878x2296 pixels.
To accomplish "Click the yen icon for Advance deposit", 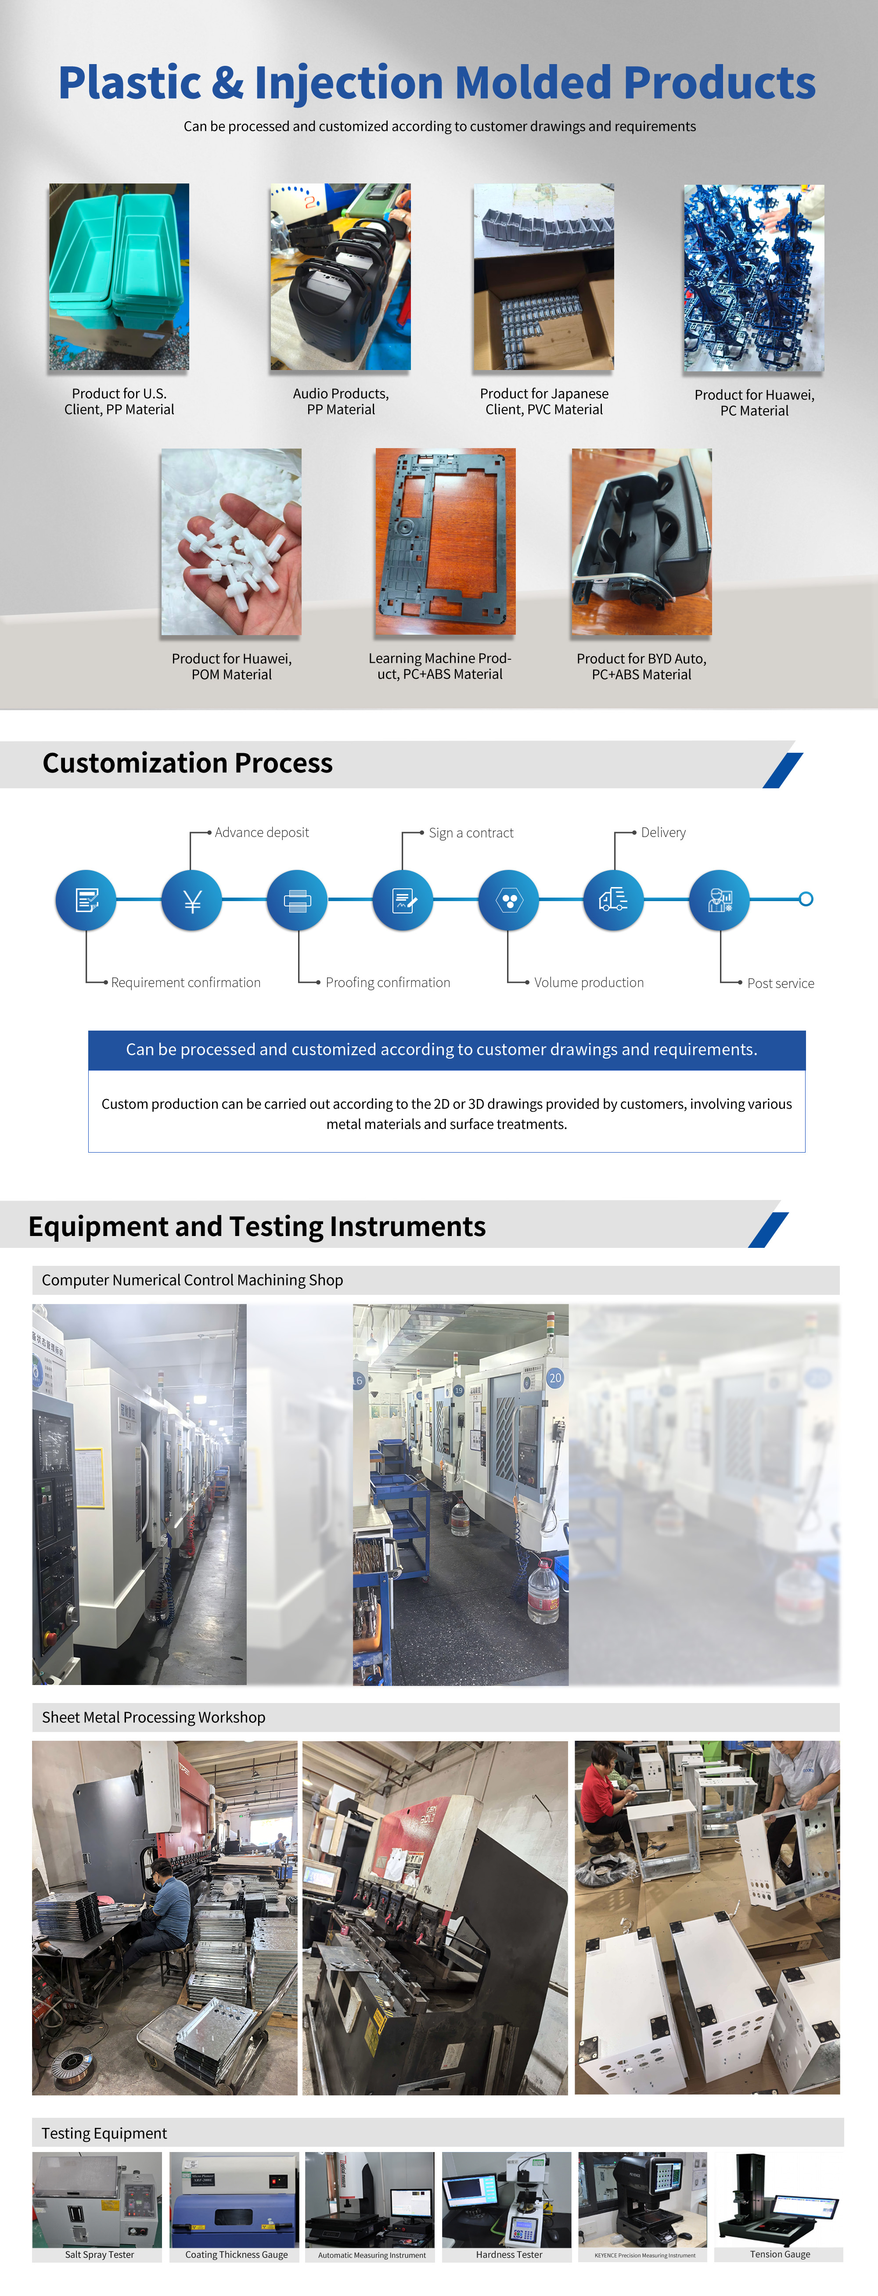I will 192,900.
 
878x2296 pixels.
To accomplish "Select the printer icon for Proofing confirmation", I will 297,900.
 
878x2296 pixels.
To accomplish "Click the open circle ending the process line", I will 806,899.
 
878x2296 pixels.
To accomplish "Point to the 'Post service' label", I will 780,983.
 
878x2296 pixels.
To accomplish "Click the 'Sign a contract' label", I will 471,833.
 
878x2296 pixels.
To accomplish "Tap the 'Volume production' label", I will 588,982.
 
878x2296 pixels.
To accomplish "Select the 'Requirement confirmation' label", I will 185,982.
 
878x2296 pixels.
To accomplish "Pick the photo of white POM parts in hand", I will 231,542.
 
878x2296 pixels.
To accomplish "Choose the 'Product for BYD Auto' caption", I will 641,659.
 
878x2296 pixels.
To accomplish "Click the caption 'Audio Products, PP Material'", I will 341,401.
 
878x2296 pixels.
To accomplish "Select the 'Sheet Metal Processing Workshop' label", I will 153,1717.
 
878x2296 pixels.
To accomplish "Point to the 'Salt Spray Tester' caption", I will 99,2254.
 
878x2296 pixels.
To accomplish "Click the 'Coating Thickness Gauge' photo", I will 234,2199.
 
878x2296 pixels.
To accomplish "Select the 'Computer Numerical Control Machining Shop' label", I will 192,1280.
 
